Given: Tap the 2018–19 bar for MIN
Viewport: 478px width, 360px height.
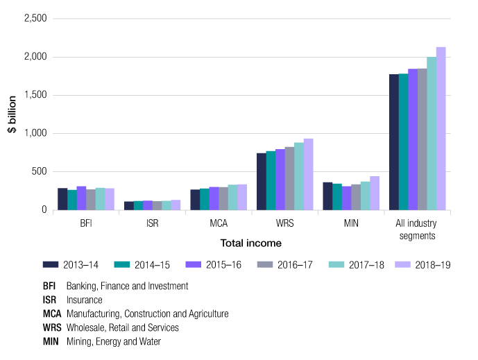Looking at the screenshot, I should pyautogui.click(x=375, y=193).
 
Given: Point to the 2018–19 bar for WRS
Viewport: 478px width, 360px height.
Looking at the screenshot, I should pyautogui.click(x=308, y=174).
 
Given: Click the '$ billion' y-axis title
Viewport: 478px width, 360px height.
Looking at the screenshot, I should pyautogui.click(x=12, y=114).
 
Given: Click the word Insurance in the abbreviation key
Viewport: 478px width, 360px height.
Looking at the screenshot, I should pyautogui.click(x=84, y=300).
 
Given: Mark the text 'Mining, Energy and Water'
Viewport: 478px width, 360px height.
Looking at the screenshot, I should pyautogui.click(x=114, y=341).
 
